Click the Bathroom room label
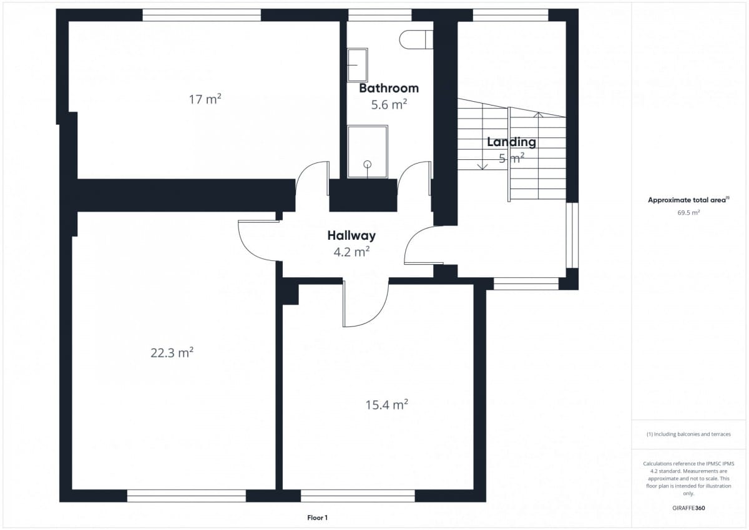[388, 88]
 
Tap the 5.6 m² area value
[389, 105]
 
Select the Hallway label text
[351, 236]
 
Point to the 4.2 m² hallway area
[351, 252]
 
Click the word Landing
[511, 142]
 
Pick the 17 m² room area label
[205, 99]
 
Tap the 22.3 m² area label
[172, 353]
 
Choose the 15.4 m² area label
[386, 405]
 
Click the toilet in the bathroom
[416, 39]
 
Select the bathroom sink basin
[358, 65]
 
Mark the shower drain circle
[368, 164]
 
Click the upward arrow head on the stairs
[538, 115]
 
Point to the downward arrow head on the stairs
[482, 167]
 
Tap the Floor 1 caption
[317, 518]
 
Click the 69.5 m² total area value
[688, 213]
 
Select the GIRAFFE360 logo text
[688, 508]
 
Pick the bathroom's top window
[380, 15]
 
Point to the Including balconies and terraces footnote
[688, 434]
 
